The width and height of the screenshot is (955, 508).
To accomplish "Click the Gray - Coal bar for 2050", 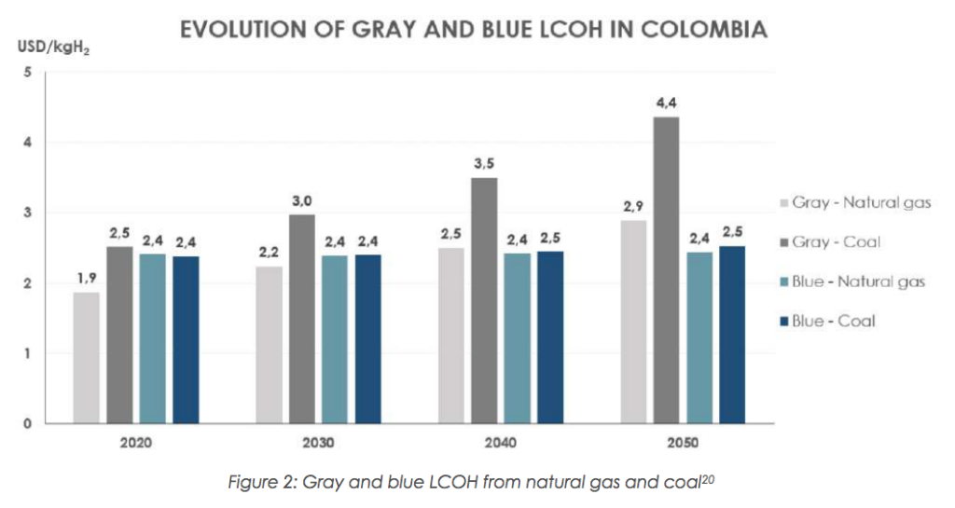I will coord(666,270).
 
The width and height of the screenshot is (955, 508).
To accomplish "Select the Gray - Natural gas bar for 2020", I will coord(86,358).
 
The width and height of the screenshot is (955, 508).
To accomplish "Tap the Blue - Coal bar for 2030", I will coord(368,339).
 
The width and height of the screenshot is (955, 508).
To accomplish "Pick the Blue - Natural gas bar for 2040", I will coord(517,338).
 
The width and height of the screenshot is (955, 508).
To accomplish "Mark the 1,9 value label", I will coord(86,278).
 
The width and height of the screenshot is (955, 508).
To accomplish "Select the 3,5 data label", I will coord(484,164).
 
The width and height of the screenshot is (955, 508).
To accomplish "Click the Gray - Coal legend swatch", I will coord(783,242).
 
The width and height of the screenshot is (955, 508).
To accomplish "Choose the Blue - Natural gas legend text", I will coord(858,281).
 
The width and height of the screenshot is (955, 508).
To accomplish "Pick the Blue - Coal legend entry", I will coord(834,321).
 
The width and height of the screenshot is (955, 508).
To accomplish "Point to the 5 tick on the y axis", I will coord(28,72).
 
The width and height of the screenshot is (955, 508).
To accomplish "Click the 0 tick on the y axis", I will coord(28,424).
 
